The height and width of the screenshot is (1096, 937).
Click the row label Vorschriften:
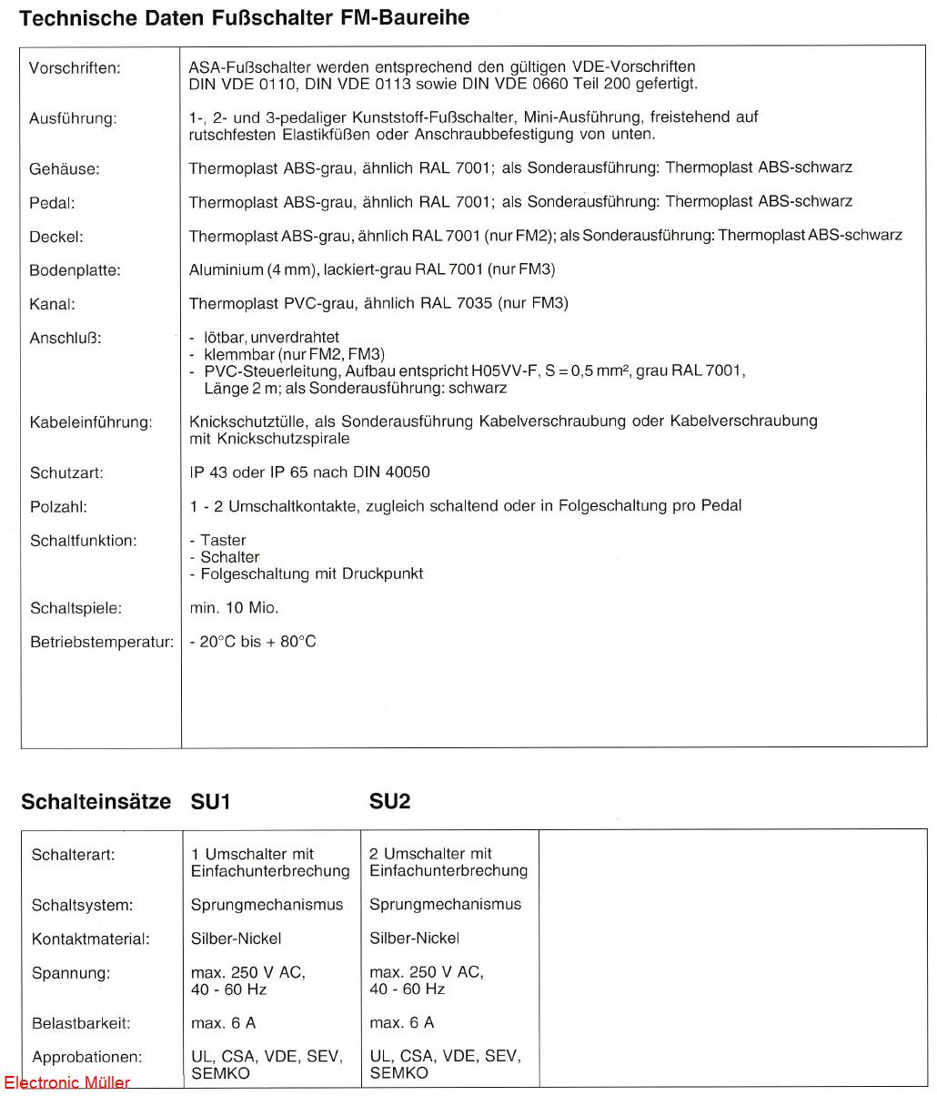(x=74, y=68)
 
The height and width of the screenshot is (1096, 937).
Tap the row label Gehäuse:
(x=64, y=169)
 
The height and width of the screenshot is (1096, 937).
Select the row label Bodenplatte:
(x=75, y=270)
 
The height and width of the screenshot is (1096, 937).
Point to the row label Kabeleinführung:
(x=91, y=422)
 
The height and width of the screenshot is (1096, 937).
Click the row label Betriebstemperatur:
(x=101, y=642)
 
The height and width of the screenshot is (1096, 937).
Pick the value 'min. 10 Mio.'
(x=234, y=607)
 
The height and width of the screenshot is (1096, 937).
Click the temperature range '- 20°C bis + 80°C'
(x=253, y=642)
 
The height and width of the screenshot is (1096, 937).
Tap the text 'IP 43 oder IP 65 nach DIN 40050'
(x=309, y=472)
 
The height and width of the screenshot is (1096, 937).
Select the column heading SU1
(x=210, y=801)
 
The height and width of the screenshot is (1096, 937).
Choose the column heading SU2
(x=389, y=801)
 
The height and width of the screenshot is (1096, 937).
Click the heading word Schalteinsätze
(x=96, y=801)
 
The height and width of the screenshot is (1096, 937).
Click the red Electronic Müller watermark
(x=66, y=1083)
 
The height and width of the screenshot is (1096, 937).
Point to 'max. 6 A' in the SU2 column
(x=401, y=1023)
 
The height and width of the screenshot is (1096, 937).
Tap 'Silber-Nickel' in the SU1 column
(x=236, y=939)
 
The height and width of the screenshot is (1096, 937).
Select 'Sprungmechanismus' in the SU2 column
(x=445, y=904)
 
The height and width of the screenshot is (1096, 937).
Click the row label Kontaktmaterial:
(x=90, y=939)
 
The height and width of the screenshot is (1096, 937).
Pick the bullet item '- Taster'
(x=217, y=540)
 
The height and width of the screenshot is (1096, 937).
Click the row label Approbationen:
(x=86, y=1058)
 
